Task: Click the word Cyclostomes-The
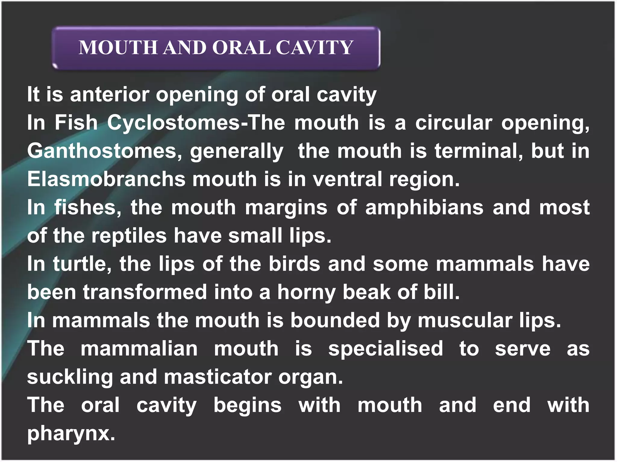196,123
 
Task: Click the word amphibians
424,208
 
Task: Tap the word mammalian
139,349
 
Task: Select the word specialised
386,349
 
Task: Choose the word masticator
218,377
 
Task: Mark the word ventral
347,179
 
